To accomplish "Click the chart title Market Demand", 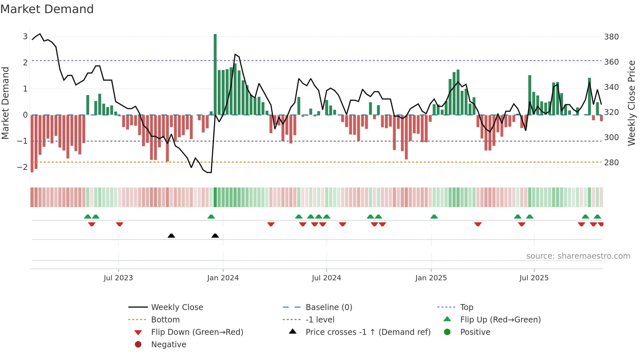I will coord(47,9).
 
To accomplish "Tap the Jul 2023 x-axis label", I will coord(118,278).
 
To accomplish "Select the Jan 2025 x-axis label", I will coord(431,278).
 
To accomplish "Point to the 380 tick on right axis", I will coord(611,37).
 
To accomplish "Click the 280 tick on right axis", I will coord(611,163).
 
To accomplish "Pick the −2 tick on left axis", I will coord(22,167).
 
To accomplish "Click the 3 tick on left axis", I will coord(25,37).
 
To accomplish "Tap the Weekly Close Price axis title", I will coord(632,103).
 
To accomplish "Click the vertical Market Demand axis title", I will coord(6,103).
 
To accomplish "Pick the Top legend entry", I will coord(467,307).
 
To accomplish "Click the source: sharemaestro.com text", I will coord(578,256).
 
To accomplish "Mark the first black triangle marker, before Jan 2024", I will coord(171,236).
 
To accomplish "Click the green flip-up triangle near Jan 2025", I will coord(434,217).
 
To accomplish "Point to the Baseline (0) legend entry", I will coord(328,307).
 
